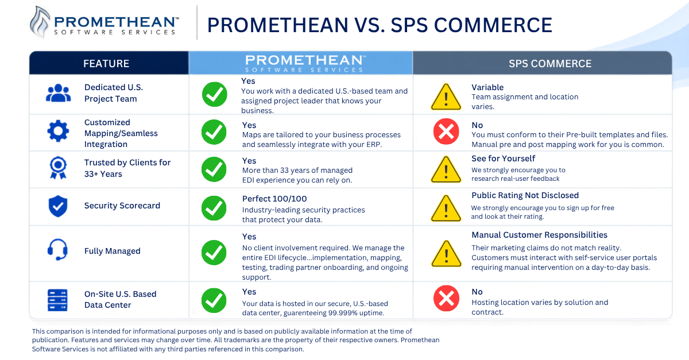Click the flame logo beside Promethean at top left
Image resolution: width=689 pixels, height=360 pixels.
click(x=40, y=22)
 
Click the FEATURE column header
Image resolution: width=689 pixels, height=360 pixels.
click(x=106, y=63)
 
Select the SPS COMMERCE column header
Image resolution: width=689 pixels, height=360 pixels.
click(x=550, y=63)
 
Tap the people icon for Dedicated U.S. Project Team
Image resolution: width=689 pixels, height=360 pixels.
click(x=58, y=93)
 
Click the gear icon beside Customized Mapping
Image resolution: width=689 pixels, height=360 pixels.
click(x=58, y=131)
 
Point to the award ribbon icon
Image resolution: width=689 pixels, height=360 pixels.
click(x=58, y=168)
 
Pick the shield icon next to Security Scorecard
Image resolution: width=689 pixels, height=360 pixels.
click(x=58, y=206)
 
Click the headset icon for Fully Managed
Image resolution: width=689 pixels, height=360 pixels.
click(x=57, y=250)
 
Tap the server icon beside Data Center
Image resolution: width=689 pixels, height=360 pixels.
click(x=57, y=300)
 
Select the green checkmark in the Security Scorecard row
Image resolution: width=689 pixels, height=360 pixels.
click(x=214, y=208)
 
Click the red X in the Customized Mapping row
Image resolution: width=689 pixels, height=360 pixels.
click(x=446, y=131)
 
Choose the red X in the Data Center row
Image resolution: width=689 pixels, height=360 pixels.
click(x=446, y=299)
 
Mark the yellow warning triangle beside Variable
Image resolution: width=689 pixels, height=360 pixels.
click(x=446, y=98)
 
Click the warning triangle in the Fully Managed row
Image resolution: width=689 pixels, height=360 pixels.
click(x=446, y=254)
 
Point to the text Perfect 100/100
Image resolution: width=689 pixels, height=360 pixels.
click(x=274, y=199)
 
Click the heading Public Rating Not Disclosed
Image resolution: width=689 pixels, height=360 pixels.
click(x=525, y=195)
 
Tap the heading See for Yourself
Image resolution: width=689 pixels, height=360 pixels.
click(x=503, y=158)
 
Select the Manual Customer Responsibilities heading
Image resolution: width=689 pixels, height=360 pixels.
click(x=540, y=235)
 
